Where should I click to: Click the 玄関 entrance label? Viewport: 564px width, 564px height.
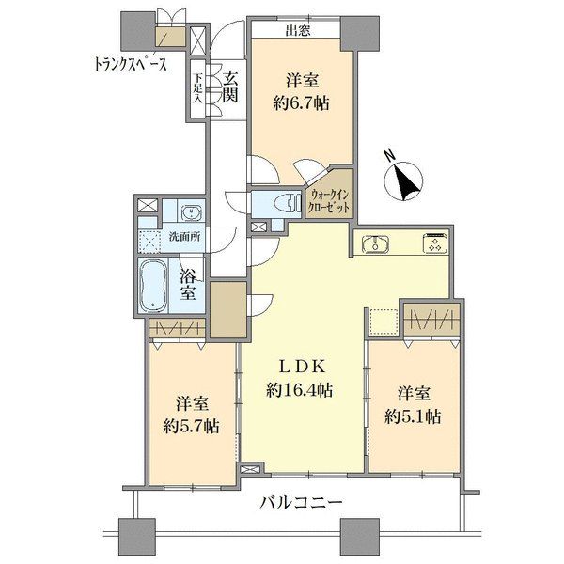(230, 86)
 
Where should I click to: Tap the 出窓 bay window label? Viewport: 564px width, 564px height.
(298, 31)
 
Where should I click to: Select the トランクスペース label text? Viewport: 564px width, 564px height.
(131, 64)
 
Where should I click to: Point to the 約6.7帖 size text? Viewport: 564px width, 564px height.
(301, 104)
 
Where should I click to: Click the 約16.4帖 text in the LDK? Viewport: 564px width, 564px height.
(299, 390)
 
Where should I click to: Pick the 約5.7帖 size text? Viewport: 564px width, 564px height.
(191, 427)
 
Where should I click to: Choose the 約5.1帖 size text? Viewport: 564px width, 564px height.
(413, 416)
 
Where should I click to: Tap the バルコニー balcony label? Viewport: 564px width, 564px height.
(301, 503)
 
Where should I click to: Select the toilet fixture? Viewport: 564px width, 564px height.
(289, 204)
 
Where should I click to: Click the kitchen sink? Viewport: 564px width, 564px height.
(375, 243)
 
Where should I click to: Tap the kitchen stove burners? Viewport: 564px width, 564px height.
(435, 243)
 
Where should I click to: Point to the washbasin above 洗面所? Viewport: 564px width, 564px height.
(191, 212)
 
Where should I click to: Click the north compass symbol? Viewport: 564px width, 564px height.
(403, 180)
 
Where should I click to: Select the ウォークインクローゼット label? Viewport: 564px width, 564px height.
(330, 202)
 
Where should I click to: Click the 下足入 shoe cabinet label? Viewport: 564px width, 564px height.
(197, 88)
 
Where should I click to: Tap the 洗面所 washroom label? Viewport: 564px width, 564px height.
(185, 237)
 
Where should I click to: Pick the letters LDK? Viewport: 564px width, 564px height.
(303, 367)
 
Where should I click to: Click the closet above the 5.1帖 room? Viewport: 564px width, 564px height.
(431, 320)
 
